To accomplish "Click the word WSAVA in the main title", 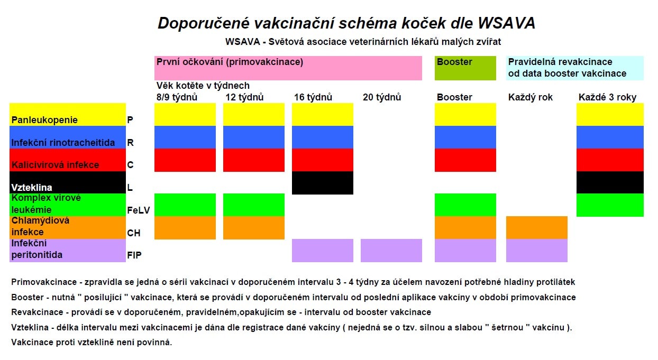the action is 506,23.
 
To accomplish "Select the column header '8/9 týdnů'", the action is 177,97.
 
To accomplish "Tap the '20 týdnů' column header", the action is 382,97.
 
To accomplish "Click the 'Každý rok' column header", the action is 530,97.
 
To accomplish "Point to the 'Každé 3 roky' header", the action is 607,97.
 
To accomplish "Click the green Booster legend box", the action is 465,68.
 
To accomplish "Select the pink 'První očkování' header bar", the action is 288,68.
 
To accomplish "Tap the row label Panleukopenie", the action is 44,120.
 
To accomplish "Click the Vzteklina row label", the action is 32,187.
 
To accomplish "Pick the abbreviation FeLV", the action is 139,210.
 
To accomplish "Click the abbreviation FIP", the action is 134,255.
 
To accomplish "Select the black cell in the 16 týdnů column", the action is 323,182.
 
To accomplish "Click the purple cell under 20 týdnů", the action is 391,251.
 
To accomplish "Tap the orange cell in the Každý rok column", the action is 537,227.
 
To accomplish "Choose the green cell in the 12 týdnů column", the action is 254,205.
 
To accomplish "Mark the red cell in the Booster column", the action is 465,160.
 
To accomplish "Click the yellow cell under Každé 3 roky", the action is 610,115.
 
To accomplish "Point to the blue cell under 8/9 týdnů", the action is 185,137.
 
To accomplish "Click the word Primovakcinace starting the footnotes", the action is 44,282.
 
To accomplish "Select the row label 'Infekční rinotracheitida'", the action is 63,143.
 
